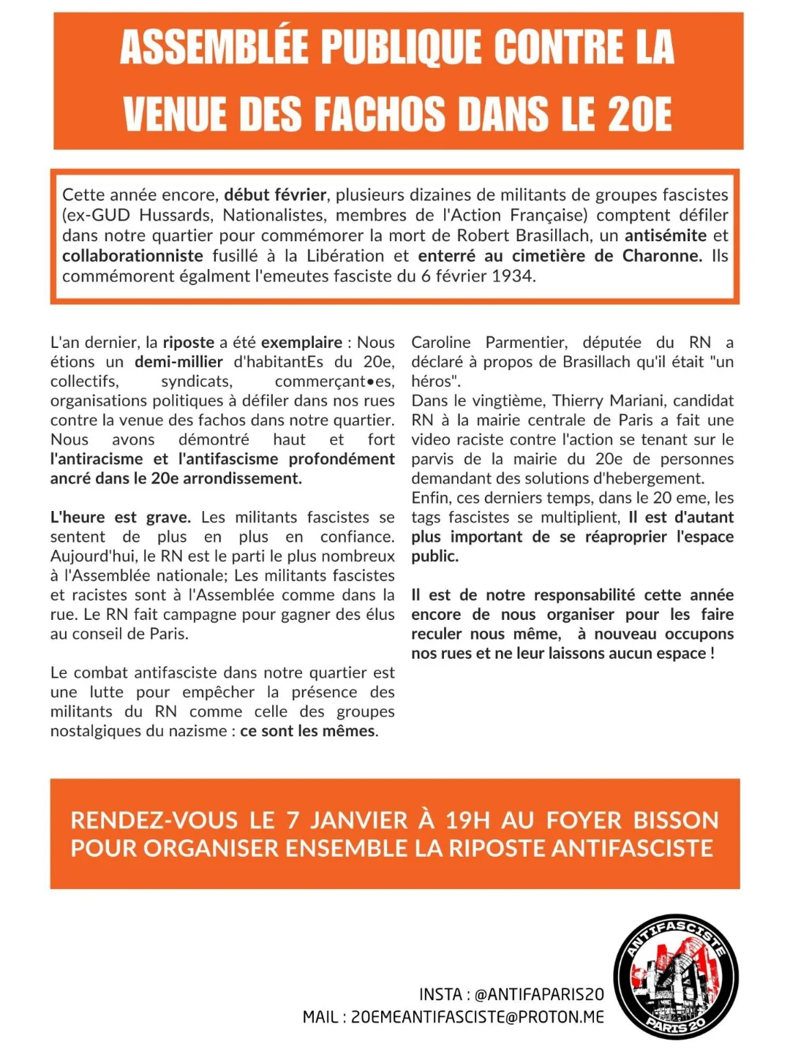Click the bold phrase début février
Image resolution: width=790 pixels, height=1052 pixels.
tap(275, 195)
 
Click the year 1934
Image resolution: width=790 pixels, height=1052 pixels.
tap(513, 276)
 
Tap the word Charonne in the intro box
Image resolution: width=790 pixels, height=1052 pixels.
tap(661, 256)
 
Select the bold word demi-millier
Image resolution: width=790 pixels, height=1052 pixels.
tap(178, 362)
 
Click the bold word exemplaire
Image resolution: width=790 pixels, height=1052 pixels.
tap(301, 342)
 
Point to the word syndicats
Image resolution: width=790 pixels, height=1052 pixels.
tap(196, 381)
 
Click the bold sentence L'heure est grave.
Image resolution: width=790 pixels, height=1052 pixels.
tap(120, 518)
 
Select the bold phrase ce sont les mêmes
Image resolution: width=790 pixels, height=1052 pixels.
tap(308, 731)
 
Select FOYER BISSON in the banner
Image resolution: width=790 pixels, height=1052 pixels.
tap(633, 820)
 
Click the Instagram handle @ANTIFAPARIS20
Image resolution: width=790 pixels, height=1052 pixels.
tap(539, 994)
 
